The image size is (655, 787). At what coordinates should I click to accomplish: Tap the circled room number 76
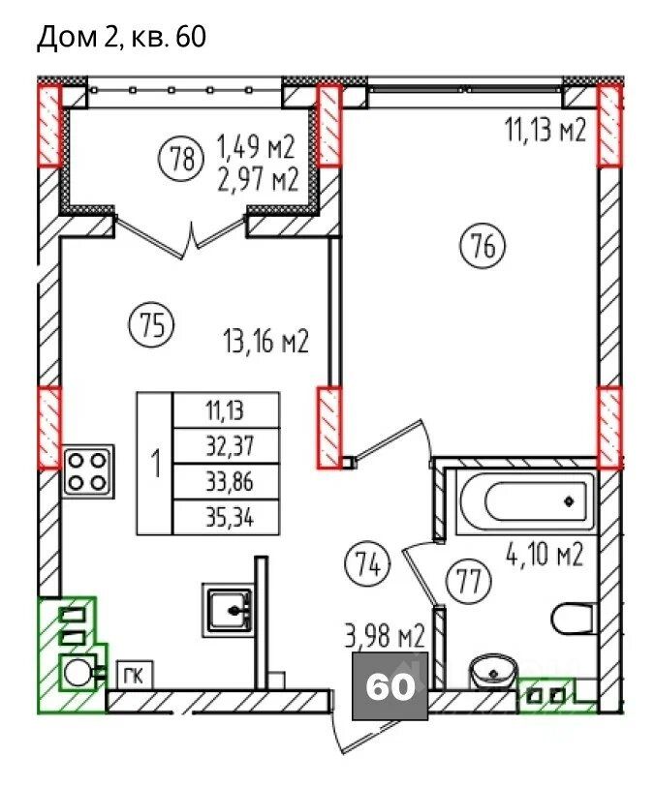[483, 247]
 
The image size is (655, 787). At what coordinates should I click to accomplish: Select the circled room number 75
[152, 326]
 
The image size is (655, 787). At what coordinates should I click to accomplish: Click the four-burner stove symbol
[88, 471]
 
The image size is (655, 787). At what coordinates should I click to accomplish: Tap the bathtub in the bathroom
[525, 502]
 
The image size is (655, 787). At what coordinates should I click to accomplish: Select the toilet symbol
[573, 619]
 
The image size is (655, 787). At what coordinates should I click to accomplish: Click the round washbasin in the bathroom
[493, 671]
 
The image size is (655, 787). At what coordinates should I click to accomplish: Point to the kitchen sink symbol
[229, 609]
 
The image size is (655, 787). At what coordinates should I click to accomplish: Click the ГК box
[135, 676]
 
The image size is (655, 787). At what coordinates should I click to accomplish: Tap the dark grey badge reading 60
[390, 685]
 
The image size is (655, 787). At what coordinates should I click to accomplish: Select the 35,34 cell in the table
[226, 517]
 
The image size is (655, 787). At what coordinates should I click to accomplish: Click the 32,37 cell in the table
[226, 445]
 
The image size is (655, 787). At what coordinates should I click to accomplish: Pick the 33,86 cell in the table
[226, 482]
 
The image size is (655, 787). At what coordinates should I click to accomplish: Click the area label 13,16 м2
[265, 342]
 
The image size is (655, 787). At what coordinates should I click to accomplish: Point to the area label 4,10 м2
[544, 554]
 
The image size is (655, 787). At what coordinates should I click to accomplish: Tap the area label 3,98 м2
[386, 636]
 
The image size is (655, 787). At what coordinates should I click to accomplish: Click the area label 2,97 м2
[258, 179]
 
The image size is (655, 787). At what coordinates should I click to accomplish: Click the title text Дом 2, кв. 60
[121, 37]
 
